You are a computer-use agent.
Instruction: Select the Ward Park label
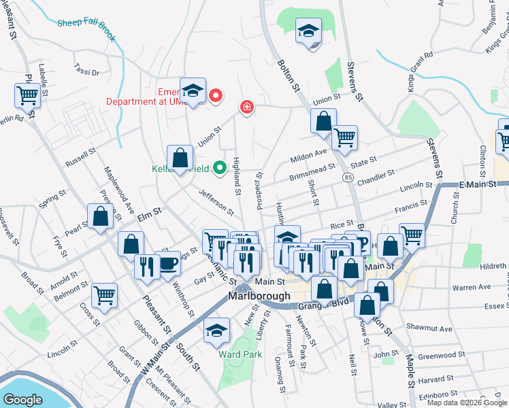(235, 354)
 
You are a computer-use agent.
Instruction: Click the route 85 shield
(348, 177)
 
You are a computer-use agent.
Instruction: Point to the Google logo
(22, 400)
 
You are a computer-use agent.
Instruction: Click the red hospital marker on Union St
(246, 107)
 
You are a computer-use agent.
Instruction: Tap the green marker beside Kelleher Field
(219, 167)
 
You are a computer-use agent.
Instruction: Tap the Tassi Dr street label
(86, 71)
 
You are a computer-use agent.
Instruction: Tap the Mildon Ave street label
(309, 156)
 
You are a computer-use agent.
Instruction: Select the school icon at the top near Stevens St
(308, 31)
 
